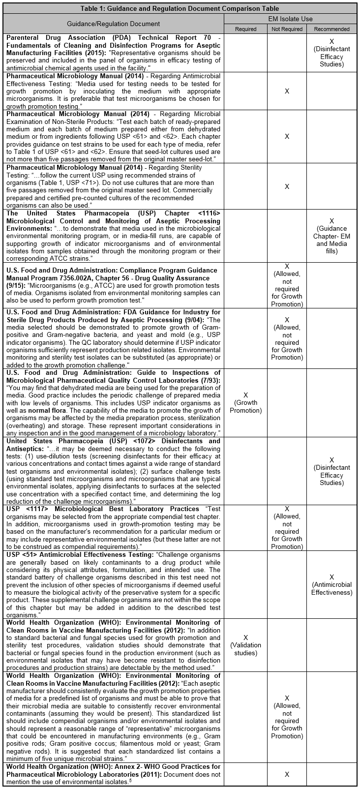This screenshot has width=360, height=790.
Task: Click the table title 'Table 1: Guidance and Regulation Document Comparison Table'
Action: (180, 8)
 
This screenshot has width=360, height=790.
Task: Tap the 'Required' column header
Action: (245, 29)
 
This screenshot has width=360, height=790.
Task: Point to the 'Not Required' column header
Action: (287, 29)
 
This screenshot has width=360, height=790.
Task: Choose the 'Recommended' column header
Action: (331, 29)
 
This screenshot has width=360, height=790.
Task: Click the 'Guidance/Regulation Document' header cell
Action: (113, 24)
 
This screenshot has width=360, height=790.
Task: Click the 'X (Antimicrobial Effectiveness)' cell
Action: (331, 584)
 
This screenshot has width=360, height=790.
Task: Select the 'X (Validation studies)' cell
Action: (245, 645)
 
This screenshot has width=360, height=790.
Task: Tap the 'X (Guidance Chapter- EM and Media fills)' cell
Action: (331, 236)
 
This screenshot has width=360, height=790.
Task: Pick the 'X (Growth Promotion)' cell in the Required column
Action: (245, 403)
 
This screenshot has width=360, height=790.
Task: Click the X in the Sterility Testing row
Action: (287, 186)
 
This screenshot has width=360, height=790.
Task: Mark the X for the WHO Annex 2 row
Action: (287, 774)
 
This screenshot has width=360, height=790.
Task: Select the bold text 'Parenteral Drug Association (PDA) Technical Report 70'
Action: (106, 37)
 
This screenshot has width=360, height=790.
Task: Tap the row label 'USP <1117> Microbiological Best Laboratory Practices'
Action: (102, 509)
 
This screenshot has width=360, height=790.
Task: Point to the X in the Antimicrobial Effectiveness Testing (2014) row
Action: (287, 91)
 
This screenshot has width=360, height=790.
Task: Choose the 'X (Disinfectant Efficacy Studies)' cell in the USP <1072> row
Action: (331, 471)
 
